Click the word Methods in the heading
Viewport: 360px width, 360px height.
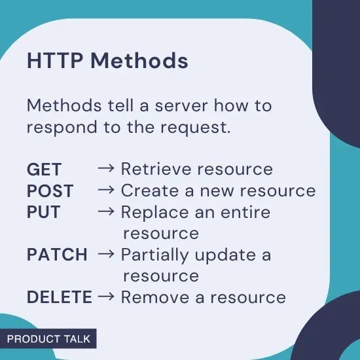click(139, 61)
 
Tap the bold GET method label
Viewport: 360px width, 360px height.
click(45, 169)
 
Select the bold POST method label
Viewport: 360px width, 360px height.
click(50, 190)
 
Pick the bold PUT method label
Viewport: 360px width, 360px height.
click(44, 212)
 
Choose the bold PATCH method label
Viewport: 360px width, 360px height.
click(58, 255)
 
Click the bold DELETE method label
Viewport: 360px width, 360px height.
click(60, 297)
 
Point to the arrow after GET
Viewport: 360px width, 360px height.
click(106, 169)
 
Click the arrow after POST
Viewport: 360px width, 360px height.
click(106, 190)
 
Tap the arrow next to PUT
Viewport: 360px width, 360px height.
click(106, 212)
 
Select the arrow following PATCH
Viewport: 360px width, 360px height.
click(106, 255)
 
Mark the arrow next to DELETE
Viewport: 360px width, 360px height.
click(106, 297)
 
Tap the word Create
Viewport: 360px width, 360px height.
click(146, 190)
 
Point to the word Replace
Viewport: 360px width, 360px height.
click(151, 212)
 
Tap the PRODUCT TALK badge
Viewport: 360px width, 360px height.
click(48, 339)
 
